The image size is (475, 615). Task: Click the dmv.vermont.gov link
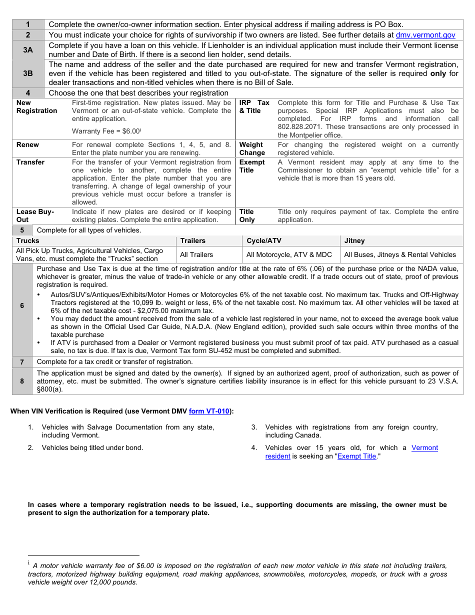coord(425,35)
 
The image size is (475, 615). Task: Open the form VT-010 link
coord(209,411)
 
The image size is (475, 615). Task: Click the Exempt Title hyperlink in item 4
coord(356,456)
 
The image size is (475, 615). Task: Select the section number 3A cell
coord(28,50)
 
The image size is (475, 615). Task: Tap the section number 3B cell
coord(28,73)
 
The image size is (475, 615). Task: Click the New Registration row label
coord(36,107)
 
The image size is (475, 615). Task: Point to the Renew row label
coord(27,145)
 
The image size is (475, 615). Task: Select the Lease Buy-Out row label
coord(35,216)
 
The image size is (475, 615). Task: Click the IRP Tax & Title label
coord(254,107)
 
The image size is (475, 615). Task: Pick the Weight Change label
coord(252,149)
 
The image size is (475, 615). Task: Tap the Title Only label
coord(247,216)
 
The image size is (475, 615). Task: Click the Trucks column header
coord(27,241)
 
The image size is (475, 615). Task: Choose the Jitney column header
coord(354,241)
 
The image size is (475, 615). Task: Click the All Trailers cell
coord(196,255)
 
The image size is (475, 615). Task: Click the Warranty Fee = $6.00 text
coord(106,131)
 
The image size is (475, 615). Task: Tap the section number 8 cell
coord(22,381)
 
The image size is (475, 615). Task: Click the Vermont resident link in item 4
coord(424,448)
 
